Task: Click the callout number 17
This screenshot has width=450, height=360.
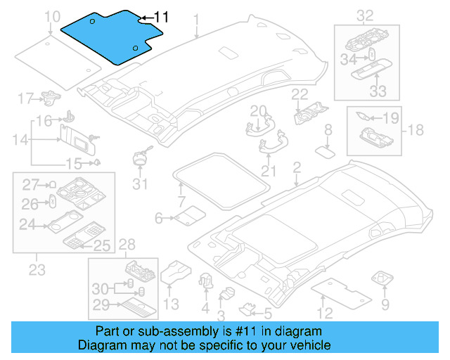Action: coord(25,98)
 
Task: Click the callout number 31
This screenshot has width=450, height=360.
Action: coord(141,184)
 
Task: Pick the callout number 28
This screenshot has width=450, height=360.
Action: coord(127,244)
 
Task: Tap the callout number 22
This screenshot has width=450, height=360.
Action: coord(300,94)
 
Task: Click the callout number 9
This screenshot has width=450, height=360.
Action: coord(385,304)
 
